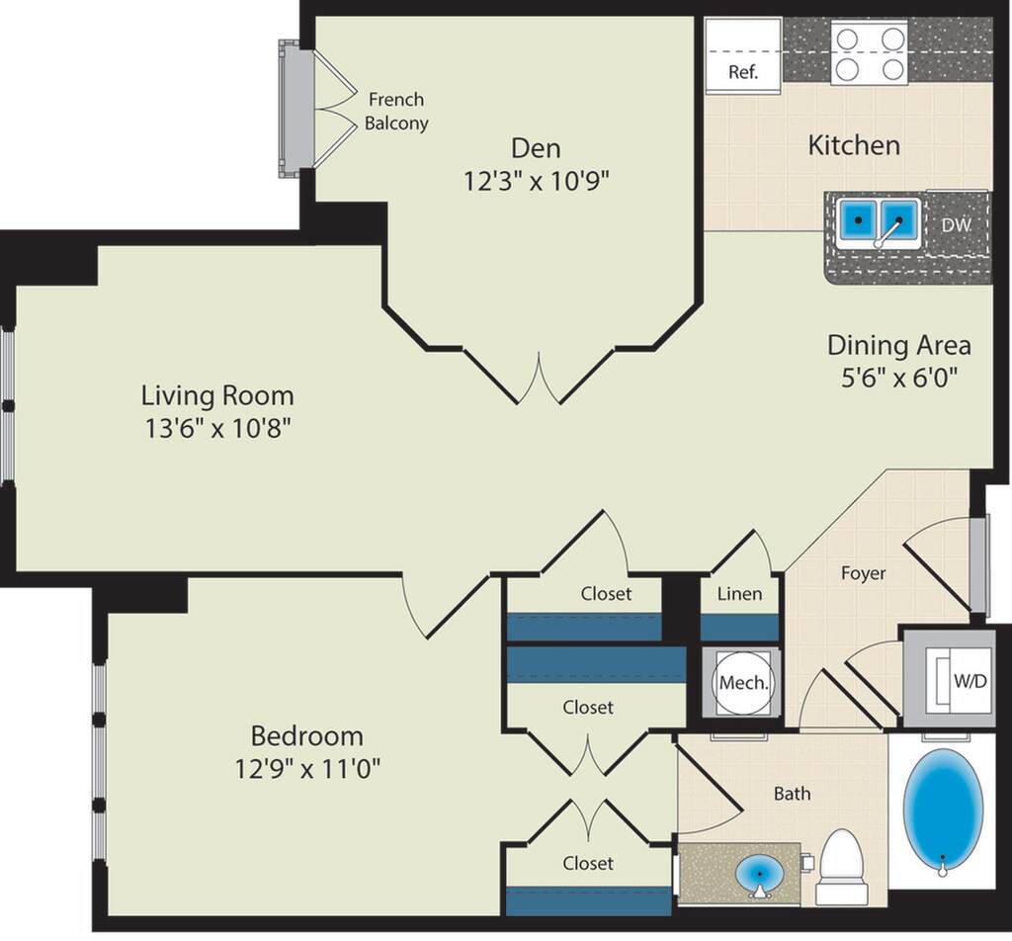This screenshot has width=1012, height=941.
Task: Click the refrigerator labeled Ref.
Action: point(743,56)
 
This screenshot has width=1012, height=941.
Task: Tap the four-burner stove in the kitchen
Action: point(870,51)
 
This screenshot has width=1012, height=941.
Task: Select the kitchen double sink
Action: point(879,222)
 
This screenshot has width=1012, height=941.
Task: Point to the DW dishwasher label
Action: point(957,224)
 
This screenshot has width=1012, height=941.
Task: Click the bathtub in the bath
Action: point(943,812)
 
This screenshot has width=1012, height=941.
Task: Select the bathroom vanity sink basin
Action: point(760,875)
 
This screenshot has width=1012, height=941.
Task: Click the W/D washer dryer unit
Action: point(949,680)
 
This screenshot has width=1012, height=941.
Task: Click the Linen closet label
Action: point(739,593)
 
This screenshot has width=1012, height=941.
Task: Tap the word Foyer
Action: point(864,572)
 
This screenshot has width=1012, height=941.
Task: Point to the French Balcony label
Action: point(396,111)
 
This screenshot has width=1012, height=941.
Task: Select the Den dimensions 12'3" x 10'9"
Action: point(537,181)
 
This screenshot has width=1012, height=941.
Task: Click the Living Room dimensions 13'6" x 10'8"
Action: point(217,428)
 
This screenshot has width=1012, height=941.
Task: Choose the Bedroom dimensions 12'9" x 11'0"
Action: point(307,769)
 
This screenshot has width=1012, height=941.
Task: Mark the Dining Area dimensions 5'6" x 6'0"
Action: point(898,377)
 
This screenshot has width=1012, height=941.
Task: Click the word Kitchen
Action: point(854,145)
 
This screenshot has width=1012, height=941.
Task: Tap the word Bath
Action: point(792,793)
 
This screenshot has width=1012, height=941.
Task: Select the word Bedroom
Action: point(307,735)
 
